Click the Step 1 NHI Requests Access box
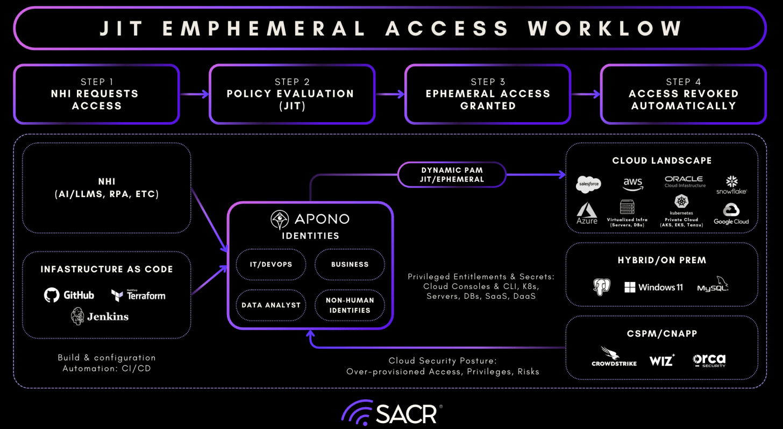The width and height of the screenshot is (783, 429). click(96, 94)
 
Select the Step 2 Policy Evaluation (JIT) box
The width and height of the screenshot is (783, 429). click(292, 94)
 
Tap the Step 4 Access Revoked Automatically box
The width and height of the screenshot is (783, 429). click(683, 94)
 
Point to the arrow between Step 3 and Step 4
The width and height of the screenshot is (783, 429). click(585, 94)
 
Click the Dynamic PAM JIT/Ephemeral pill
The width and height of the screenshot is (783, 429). click(452, 174)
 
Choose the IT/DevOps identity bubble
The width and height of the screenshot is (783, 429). click(271, 264)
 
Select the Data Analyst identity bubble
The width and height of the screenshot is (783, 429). click(271, 305)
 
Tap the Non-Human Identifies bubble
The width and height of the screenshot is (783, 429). click(350, 305)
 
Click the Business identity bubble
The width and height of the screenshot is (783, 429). click(350, 264)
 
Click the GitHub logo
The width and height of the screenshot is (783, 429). click(69, 295)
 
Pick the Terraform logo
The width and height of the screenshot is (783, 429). click(138, 295)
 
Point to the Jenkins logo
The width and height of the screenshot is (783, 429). click(100, 317)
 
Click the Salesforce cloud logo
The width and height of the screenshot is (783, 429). click(588, 184)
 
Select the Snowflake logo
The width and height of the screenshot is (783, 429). click(731, 185)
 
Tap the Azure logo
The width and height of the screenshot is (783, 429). click(587, 213)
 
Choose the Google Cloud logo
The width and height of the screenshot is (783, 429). click(731, 214)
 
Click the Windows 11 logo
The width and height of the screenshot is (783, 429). click(653, 287)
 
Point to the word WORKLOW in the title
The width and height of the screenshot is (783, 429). click(605, 28)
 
